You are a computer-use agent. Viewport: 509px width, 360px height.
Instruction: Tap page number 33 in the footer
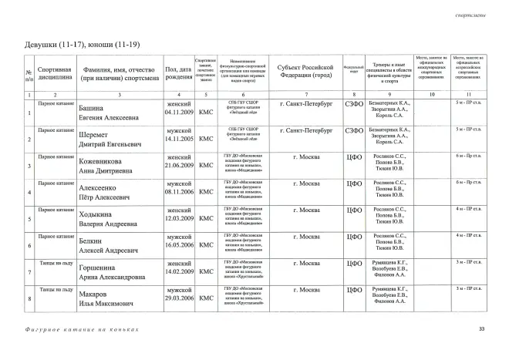pos(481,329)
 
